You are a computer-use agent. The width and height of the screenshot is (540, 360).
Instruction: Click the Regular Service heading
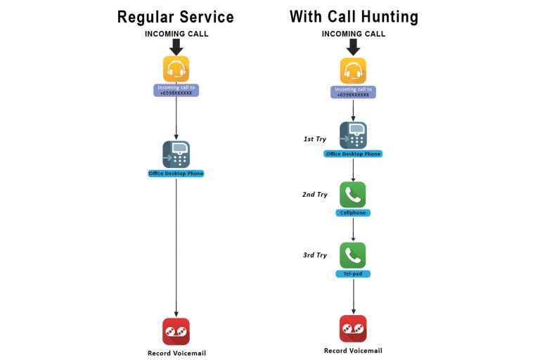pos(176,17)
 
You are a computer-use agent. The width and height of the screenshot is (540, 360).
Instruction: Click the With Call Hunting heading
pos(353,17)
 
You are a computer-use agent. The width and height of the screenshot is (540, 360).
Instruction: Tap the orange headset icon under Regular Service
pos(176,69)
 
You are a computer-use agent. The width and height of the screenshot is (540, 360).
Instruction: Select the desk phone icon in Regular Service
pos(176,154)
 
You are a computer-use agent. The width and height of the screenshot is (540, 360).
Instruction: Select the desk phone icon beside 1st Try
pos(353,135)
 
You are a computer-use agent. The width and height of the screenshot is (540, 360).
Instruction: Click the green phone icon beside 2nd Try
pos(353,195)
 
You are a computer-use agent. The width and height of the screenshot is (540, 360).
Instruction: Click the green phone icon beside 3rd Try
pos(353,255)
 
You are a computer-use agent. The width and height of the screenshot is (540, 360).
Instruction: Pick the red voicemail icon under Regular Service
pos(176,331)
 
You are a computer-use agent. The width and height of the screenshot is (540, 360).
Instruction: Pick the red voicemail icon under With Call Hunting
pos(353,328)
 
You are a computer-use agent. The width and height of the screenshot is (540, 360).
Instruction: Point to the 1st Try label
pos(316,139)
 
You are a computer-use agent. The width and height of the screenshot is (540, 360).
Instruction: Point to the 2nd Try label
pos(315,194)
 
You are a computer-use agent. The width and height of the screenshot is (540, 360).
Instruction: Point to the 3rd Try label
pos(315,255)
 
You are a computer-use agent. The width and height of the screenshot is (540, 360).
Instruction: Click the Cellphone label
pos(353,213)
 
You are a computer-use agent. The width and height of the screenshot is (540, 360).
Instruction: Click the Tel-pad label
pos(353,274)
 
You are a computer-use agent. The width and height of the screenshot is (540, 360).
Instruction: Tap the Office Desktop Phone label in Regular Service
pos(176,173)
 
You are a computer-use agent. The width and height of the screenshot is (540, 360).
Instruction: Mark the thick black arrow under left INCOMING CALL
pos(176,46)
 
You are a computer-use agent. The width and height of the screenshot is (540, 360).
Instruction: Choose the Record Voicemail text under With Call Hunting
pos(353,350)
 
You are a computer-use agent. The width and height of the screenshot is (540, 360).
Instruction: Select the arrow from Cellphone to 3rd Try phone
pos(353,229)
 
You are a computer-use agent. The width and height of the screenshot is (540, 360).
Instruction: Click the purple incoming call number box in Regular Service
pos(176,90)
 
